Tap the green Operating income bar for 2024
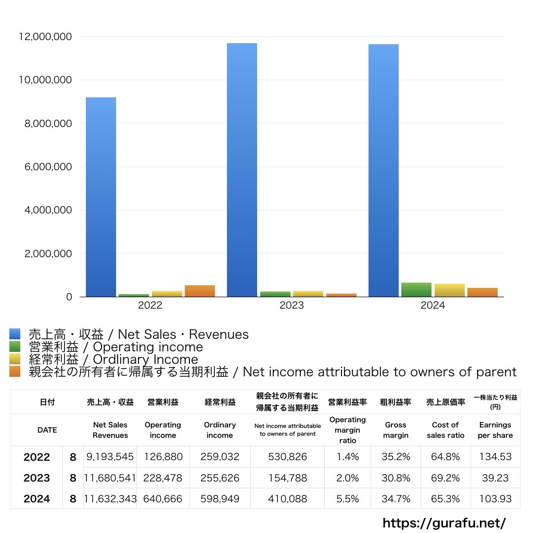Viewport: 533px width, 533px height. point(416,290)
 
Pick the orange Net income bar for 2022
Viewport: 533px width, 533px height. point(200,291)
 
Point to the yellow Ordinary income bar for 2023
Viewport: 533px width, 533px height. point(308,294)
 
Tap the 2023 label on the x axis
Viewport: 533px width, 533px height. point(291,306)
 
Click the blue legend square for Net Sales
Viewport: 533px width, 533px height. point(15,334)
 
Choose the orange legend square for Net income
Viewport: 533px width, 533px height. point(15,372)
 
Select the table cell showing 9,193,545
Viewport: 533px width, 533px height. point(110,457)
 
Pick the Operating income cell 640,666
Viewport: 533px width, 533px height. point(163,499)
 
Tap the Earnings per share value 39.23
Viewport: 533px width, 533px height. point(495,478)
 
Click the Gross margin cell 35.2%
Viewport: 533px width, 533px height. point(396,457)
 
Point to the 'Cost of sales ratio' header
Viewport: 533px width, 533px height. point(446,430)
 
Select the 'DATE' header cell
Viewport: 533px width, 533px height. point(47,430)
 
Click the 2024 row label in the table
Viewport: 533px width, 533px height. point(36,499)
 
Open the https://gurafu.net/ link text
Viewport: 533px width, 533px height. point(444,523)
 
